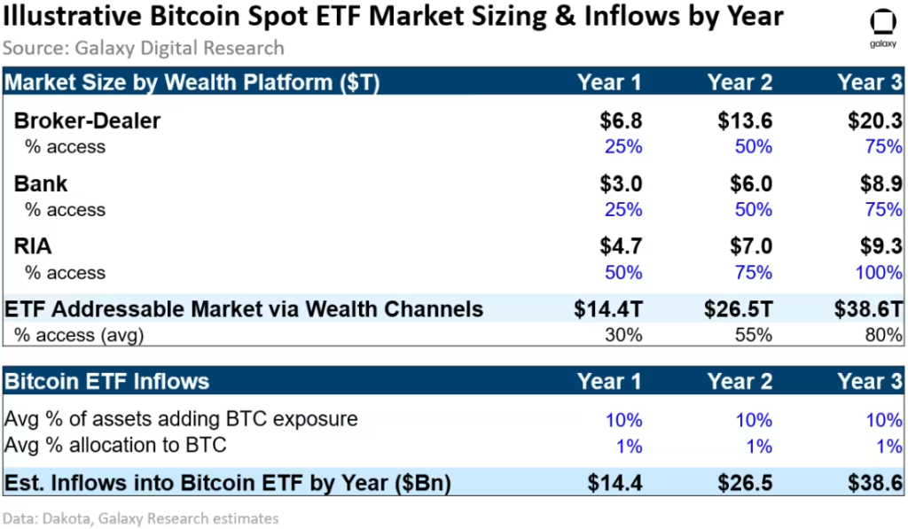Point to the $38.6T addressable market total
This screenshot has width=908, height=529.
coord(868,309)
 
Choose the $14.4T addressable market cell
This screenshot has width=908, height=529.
coord(607,309)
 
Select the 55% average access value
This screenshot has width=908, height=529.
coord(753,335)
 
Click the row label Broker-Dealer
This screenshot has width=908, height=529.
coord(87,121)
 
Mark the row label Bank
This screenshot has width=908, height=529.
coord(41,183)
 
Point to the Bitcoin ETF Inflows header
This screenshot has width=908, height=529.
coord(107,382)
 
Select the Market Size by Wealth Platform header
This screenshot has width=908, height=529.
coord(192,82)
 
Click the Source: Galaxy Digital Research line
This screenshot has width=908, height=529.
coord(144,48)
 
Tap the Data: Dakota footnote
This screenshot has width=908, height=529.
coord(141,518)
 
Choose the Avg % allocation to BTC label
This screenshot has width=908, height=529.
coord(115,445)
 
